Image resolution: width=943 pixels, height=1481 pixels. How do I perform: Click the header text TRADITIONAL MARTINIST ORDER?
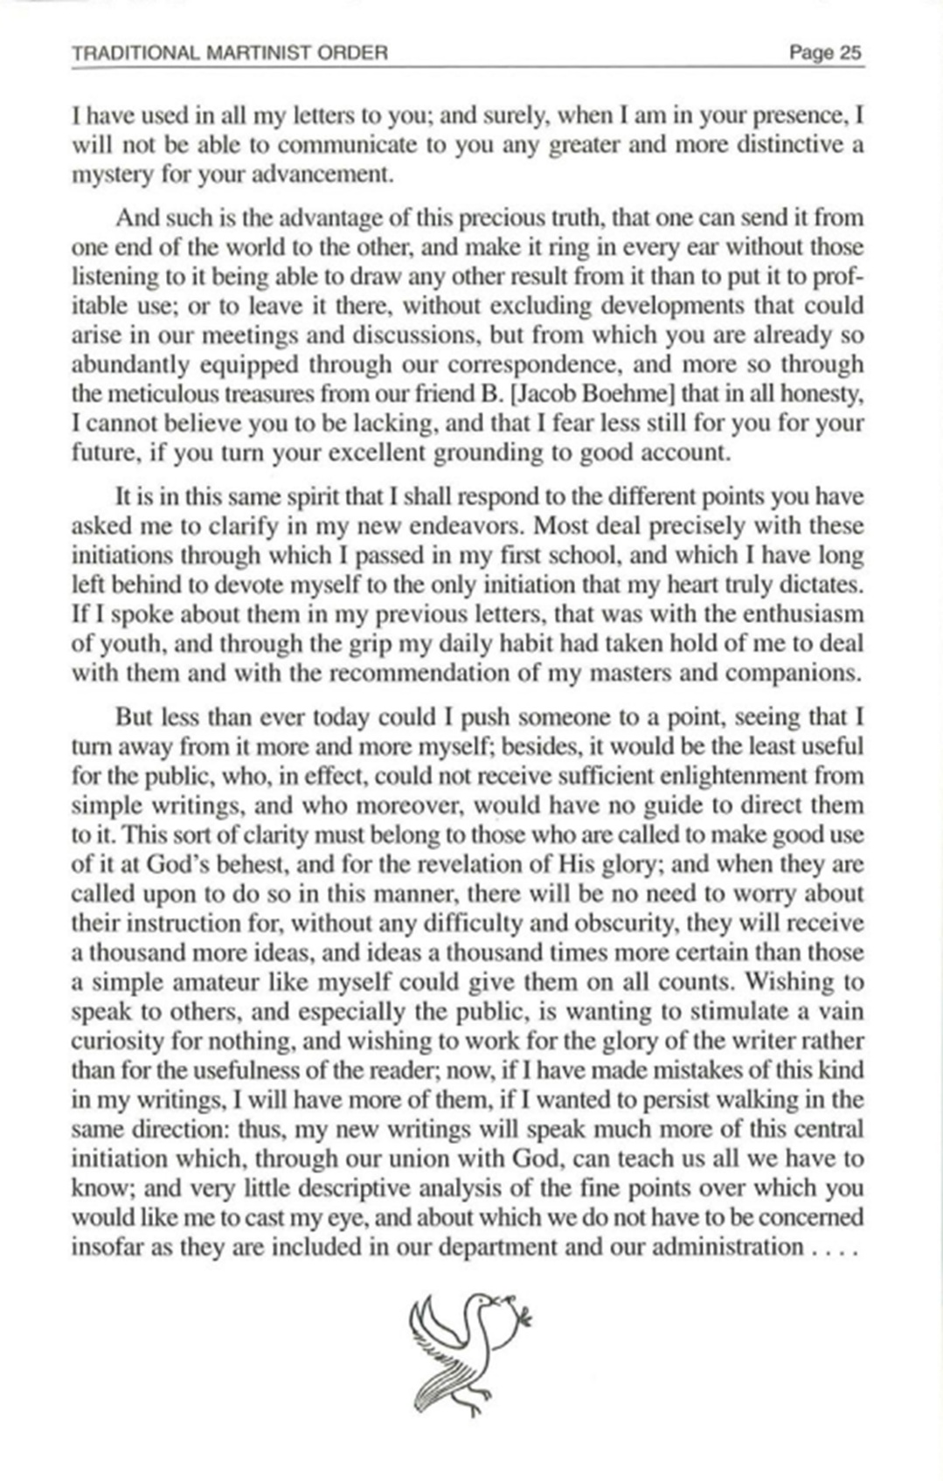[x=229, y=53]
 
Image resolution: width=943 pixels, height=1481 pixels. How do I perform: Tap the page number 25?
[x=825, y=53]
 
